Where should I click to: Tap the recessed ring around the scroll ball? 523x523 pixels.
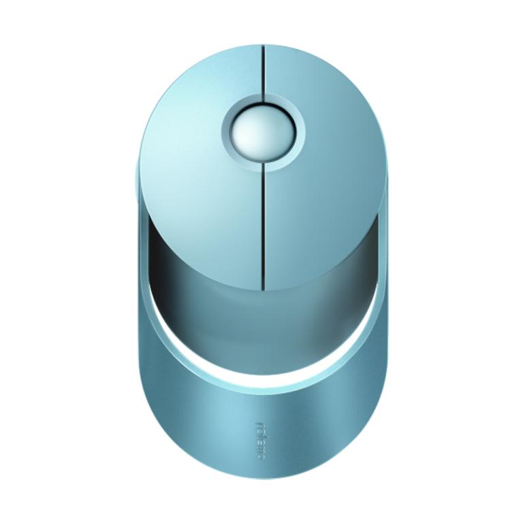point(261,160)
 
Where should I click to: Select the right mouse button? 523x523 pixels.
point(327,170)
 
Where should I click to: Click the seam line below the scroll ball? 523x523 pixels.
point(262,225)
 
